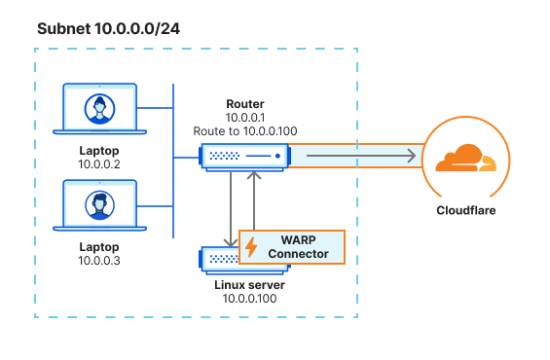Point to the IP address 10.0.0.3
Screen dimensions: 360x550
(x=98, y=262)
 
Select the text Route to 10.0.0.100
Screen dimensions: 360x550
(x=244, y=129)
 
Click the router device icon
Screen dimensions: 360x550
(x=244, y=155)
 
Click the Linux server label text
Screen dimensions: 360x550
(x=248, y=285)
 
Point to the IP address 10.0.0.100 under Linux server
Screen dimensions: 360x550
(x=248, y=300)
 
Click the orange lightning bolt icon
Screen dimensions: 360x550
(x=251, y=247)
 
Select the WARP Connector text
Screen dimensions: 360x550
(x=300, y=247)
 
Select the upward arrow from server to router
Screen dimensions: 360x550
(x=254, y=177)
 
